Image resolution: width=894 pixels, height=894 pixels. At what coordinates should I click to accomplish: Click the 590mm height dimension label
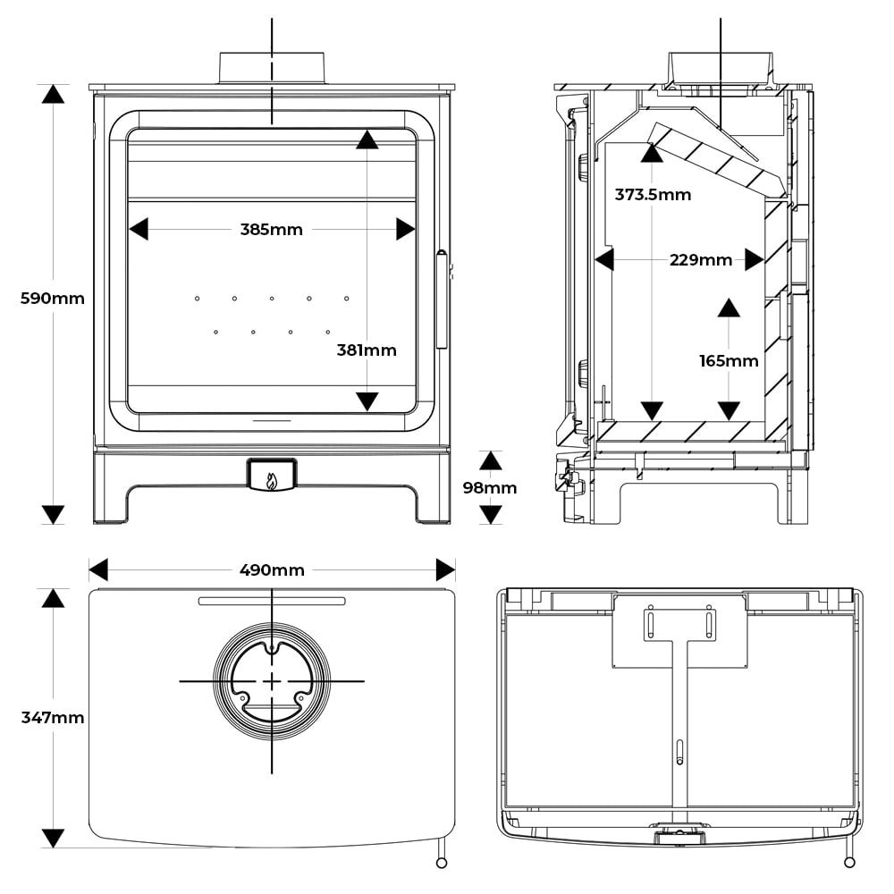tap(53, 299)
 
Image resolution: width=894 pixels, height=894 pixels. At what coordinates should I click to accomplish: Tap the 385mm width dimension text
tap(272, 230)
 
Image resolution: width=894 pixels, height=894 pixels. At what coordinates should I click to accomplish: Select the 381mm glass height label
tap(367, 350)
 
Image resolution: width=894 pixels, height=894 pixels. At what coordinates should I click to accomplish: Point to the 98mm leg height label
tap(491, 488)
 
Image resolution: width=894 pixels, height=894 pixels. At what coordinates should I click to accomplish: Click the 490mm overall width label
tap(272, 570)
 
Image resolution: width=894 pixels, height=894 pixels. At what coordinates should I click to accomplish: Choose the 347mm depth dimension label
tap(53, 717)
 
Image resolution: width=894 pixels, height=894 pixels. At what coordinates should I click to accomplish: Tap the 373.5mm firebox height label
tap(653, 194)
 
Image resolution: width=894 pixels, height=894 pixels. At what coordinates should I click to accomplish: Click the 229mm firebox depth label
tap(701, 260)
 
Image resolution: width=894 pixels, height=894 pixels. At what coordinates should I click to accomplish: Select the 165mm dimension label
tap(729, 361)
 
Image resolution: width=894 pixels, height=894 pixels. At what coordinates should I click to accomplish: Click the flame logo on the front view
tap(272, 481)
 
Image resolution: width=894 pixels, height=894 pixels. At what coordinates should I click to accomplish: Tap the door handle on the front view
tap(441, 299)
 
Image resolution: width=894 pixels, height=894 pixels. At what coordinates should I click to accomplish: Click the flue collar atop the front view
tap(272, 68)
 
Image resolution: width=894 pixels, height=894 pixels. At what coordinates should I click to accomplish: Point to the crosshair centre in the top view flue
tap(272, 681)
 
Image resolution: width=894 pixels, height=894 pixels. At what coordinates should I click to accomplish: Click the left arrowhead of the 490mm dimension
tap(98, 570)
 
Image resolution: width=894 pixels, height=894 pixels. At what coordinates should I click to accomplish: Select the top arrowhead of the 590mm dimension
tap(53, 94)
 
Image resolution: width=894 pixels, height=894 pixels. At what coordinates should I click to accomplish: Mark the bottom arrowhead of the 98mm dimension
tap(491, 514)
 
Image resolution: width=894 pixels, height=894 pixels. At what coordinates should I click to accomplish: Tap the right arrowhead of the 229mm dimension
tap(755, 260)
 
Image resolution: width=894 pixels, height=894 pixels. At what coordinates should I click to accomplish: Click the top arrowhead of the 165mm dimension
tap(729, 308)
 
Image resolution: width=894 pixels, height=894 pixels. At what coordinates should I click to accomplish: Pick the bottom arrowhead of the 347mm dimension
tap(53, 838)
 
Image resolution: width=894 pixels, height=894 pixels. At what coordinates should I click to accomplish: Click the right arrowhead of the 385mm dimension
tap(406, 230)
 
